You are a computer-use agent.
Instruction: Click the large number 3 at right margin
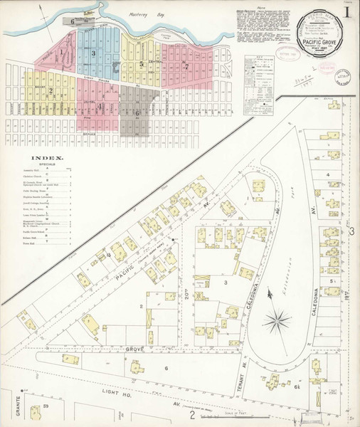tap(351, 231)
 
